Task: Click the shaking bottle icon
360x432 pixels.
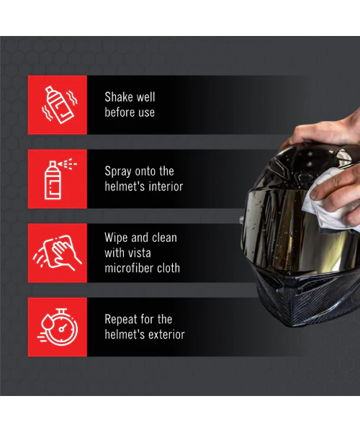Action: coord(59,104)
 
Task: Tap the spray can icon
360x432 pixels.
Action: coord(59,179)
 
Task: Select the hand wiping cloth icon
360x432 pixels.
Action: coord(58,253)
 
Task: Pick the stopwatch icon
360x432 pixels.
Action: coord(58,327)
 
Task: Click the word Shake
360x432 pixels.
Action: coord(119,97)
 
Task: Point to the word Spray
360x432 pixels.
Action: coord(118,172)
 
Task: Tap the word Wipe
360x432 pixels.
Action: coord(116,238)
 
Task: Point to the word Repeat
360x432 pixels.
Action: coord(121,320)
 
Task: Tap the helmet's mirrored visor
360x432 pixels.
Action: coord(297,231)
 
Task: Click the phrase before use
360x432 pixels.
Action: coord(130,112)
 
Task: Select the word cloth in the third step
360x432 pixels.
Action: coord(168,268)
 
